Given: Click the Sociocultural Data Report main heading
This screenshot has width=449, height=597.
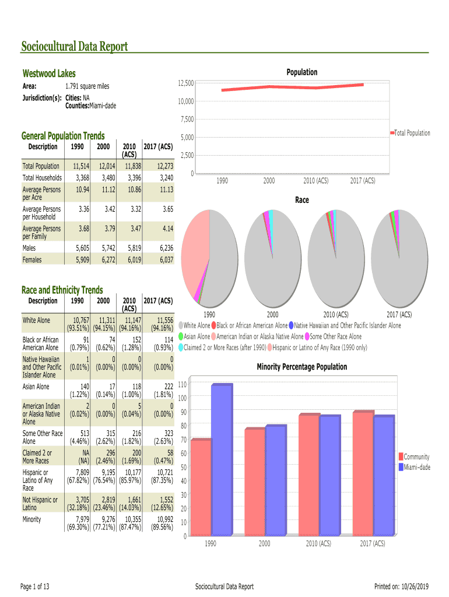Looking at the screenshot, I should click(74, 47).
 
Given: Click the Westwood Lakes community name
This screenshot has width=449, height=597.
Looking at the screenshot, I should click(49, 73).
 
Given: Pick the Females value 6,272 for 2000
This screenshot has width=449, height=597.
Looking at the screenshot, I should click(104, 259).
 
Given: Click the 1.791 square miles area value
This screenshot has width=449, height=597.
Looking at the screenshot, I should click(87, 86).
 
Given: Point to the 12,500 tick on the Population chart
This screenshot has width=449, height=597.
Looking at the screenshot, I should click(186, 84).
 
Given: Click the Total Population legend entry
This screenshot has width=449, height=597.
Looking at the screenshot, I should click(412, 134).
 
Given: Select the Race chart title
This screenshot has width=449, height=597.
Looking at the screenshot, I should click(301, 200).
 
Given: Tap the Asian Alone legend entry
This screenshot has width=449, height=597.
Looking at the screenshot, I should click(197, 336).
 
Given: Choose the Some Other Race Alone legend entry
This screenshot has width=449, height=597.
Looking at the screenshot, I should click(335, 336).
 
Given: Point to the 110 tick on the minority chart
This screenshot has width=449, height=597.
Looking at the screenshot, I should click(182, 384).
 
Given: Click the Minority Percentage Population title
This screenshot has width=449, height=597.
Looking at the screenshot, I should click(301, 367).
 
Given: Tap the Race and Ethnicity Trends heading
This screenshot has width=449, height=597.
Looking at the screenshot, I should click(62, 290).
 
